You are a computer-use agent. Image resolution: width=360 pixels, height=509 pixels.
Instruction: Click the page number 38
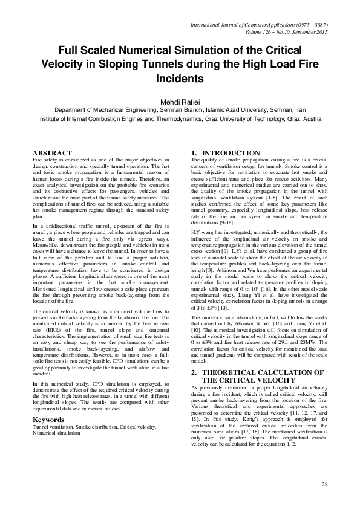click(324, 484)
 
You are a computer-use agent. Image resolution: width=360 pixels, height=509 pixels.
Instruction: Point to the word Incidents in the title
click(180, 79)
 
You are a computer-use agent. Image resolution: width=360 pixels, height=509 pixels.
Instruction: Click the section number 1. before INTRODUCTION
click(194, 153)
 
